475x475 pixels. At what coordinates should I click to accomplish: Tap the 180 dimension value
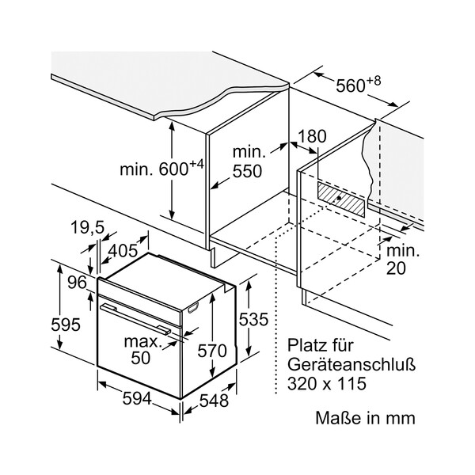pos(312,136)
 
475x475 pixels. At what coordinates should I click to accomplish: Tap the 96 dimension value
pos(76,283)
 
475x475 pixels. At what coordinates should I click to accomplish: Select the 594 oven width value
pos(139,400)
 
